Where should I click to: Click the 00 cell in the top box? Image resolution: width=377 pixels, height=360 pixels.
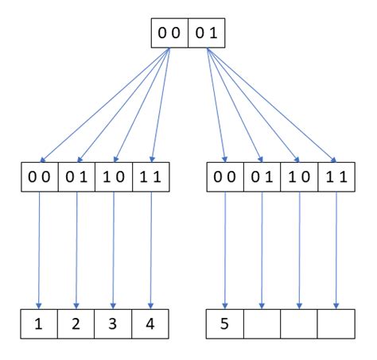pyautogui.click(x=169, y=33)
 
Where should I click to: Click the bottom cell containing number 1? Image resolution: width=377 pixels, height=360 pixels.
pyautogui.click(x=40, y=324)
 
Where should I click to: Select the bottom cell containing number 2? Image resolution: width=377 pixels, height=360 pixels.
pyautogui.click(x=76, y=324)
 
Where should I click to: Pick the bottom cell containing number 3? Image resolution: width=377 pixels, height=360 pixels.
pyautogui.click(x=114, y=324)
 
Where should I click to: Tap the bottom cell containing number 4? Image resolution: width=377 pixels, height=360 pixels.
pyautogui.click(x=151, y=324)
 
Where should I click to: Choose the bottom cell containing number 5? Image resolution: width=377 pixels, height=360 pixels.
pyautogui.click(x=225, y=324)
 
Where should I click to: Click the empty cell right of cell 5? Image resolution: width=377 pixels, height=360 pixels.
pyautogui.click(x=262, y=324)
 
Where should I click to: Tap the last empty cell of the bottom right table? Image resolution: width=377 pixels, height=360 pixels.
pyautogui.click(x=336, y=324)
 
